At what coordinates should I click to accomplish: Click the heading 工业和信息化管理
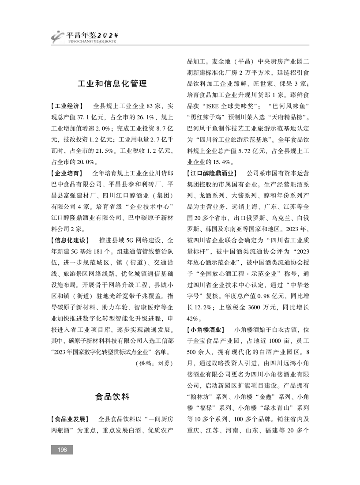click(112, 83)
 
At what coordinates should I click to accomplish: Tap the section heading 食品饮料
click(112, 396)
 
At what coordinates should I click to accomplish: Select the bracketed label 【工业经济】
click(67, 106)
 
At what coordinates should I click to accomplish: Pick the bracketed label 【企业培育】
click(67, 173)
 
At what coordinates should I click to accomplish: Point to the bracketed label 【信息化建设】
click(71, 240)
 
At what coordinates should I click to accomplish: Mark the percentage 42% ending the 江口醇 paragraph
click(193, 318)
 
